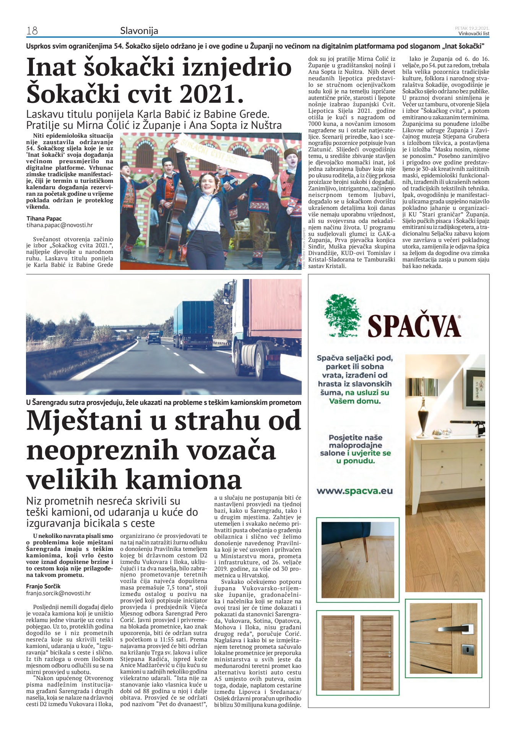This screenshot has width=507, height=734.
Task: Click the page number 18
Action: coord(32,31)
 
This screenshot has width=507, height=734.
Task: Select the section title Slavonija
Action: coord(139,31)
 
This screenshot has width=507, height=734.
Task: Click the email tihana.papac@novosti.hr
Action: coord(59,226)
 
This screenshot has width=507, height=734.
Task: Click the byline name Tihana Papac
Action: coord(44,219)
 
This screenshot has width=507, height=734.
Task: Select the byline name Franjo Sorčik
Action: coord(43,586)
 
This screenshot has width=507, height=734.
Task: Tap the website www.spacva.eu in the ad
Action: coord(354,491)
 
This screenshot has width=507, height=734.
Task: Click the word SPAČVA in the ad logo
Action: coord(414,326)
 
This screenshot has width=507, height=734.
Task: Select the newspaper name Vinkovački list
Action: coord(474,33)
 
